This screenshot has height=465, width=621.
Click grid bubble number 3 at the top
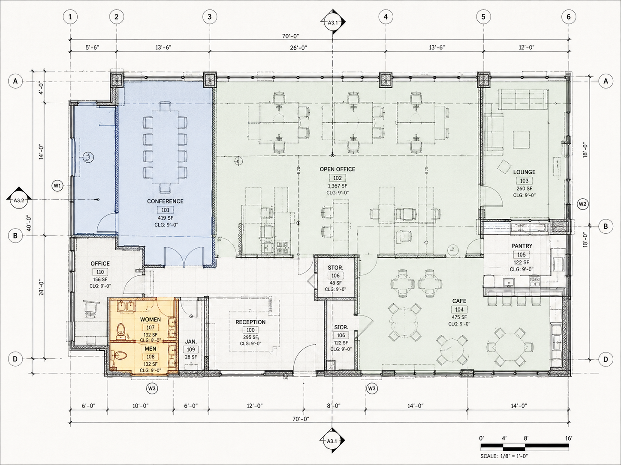209,17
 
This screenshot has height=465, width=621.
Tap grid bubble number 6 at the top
569,17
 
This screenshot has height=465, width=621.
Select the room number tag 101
165,210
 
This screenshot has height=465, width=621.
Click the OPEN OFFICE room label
337,170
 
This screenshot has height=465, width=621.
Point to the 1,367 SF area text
337,186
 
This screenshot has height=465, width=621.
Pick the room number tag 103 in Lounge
524,181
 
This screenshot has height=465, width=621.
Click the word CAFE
459,301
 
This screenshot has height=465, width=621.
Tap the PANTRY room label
522,246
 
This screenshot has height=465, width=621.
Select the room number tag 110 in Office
100,272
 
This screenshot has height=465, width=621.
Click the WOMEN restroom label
151,319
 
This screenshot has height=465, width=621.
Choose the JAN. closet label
191,342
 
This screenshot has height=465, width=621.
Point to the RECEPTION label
250,322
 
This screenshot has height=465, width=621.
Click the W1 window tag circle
57,186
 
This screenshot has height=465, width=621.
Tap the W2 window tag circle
582,204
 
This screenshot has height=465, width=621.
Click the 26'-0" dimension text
298,48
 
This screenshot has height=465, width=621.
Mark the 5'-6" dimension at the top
93,48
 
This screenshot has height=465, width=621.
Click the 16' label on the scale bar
568,438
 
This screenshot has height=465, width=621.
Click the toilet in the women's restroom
121,329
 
